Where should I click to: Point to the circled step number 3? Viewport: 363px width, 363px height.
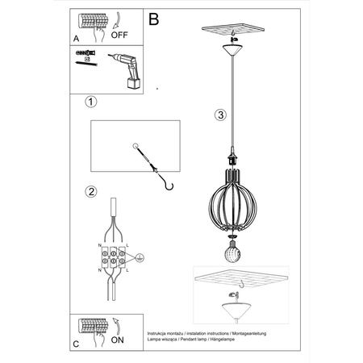(x=220, y=115)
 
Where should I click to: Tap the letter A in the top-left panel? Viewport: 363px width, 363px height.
(x=76, y=37)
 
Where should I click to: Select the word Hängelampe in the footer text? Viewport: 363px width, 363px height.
(x=252, y=339)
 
